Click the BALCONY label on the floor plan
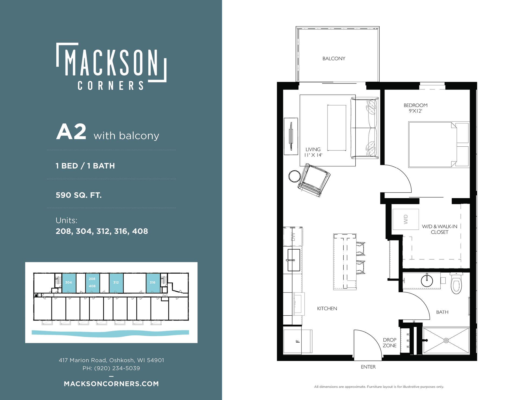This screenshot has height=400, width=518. (x=334, y=58)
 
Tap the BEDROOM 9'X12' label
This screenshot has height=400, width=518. (x=415, y=108)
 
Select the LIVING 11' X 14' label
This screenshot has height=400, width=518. (x=313, y=152)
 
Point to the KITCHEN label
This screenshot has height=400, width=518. (x=327, y=308)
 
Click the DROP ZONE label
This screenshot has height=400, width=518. (x=390, y=343)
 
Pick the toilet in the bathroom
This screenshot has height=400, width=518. (x=456, y=283)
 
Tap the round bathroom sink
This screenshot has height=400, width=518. (x=427, y=281)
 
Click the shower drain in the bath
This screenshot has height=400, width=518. (x=446, y=340)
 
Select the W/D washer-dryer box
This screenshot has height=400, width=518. (x=405, y=219)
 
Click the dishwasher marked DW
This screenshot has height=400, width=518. (x=293, y=237)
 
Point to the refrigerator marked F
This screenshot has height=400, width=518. (x=298, y=342)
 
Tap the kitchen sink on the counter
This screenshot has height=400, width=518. (x=294, y=260)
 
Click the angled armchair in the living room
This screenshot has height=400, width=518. (x=314, y=180)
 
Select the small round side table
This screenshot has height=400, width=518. (x=294, y=176)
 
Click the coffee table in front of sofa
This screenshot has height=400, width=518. (x=337, y=128)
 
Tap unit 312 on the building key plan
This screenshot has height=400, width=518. (x=116, y=283)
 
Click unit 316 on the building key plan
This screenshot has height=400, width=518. (x=153, y=283)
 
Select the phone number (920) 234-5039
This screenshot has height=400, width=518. (x=117, y=368)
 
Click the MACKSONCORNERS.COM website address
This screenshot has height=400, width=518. (x=111, y=384)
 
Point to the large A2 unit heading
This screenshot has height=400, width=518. (x=71, y=132)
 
